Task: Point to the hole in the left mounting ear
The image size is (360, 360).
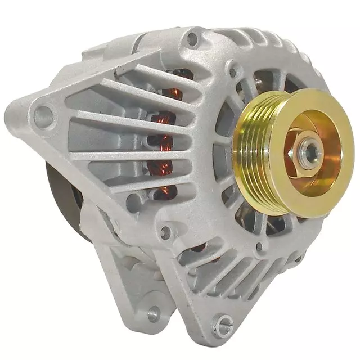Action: click(x=42, y=116)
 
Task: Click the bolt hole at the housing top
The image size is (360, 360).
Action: click(x=192, y=38)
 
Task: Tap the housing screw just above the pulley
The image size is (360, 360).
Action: click(x=232, y=73)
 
